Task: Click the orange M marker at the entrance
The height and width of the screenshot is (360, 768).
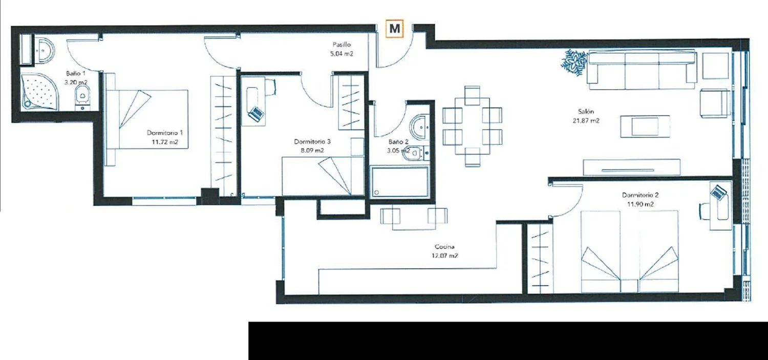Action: (x=395, y=29)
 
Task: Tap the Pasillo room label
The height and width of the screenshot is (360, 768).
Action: (x=342, y=45)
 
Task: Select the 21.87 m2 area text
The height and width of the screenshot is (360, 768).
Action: (x=586, y=121)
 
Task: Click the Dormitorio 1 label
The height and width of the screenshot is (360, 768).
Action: (x=164, y=133)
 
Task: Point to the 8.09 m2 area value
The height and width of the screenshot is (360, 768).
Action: (x=312, y=151)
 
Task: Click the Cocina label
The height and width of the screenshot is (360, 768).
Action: (x=444, y=246)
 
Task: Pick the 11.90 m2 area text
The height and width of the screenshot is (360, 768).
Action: (x=641, y=204)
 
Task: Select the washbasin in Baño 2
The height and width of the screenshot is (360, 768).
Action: (x=419, y=127)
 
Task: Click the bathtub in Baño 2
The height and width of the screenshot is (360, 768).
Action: (x=400, y=181)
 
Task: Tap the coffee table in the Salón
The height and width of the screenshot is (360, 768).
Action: (x=645, y=126)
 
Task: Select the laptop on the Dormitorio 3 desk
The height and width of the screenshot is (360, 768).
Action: (x=256, y=114)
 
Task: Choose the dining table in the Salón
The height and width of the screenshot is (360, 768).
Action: (x=472, y=126)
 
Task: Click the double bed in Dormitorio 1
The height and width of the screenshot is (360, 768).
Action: (x=147, y=119)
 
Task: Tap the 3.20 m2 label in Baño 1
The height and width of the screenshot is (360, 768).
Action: (x=76, y=82)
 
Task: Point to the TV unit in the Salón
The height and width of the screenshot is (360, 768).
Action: (x=631, y=167)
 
